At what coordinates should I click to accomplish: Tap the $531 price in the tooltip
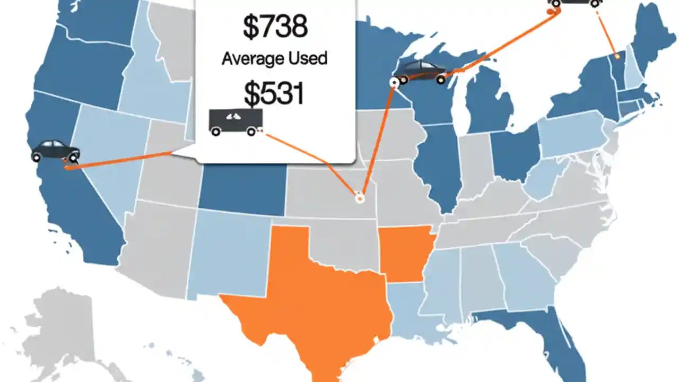[274, 93]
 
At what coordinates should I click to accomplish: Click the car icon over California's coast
[55, 151]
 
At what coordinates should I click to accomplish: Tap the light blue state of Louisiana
[411, 308]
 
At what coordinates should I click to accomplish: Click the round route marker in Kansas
[359, 198]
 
